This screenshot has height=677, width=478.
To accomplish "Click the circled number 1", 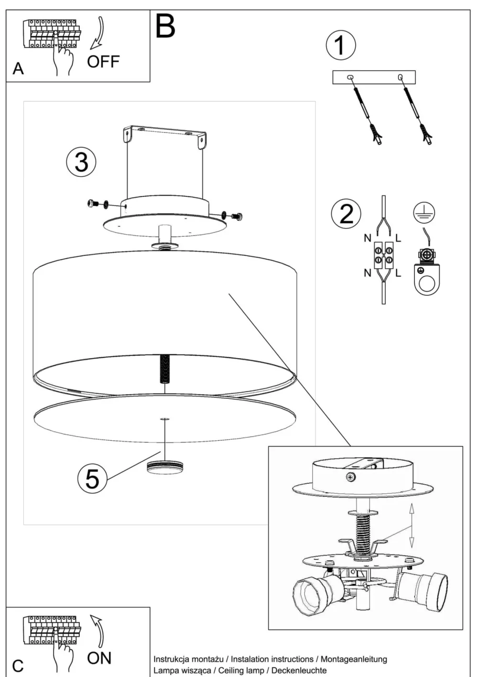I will point(340,45).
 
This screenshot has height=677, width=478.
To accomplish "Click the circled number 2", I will point(346,213).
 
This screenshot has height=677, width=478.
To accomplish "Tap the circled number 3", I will point(81,162).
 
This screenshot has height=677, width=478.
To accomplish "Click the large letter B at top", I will point(165,26).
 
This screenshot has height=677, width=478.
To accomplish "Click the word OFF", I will point(103,62).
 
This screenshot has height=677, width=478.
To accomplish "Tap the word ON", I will point(99,658).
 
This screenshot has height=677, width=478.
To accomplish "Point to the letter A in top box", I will point(18,69).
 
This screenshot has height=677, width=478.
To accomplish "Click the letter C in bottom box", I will point(18,666).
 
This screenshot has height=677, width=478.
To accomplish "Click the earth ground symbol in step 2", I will point(424,211).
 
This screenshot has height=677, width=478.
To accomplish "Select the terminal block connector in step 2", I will point(383,254).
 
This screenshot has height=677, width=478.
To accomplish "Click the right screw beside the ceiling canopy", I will point(236,216).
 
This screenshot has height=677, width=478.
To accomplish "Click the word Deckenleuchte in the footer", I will point(297,670).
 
